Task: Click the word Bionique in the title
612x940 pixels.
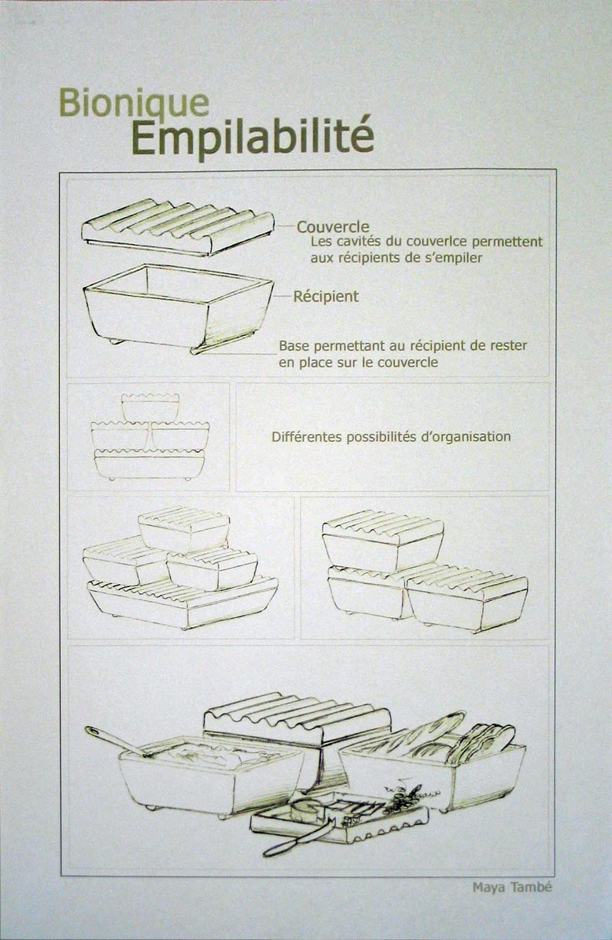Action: click(134, 104)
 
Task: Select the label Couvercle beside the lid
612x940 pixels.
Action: click(333, 227)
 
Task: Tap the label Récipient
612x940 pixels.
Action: click(326, 297)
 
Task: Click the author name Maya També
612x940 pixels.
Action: click(512, 887)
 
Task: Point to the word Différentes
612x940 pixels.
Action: click(307, 437)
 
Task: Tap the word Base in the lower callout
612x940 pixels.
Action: click(294, 346)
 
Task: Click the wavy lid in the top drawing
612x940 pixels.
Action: click(178, 226)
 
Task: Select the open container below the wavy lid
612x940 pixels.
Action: click(178, 308)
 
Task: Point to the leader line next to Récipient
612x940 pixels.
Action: click(283, 297)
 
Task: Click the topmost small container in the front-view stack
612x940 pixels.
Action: click(150, 407)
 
